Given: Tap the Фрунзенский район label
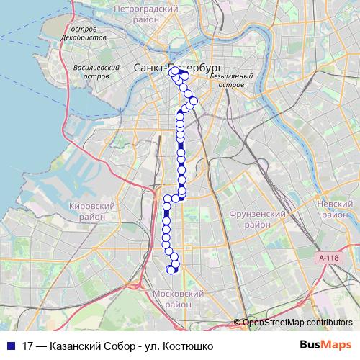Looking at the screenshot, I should [258, 219].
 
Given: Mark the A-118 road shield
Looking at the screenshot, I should [328, 257].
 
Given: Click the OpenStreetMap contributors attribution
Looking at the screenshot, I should [297, 323].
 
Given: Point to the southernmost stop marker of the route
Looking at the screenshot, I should [171, 270].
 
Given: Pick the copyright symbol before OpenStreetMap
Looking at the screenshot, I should [238, 323].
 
